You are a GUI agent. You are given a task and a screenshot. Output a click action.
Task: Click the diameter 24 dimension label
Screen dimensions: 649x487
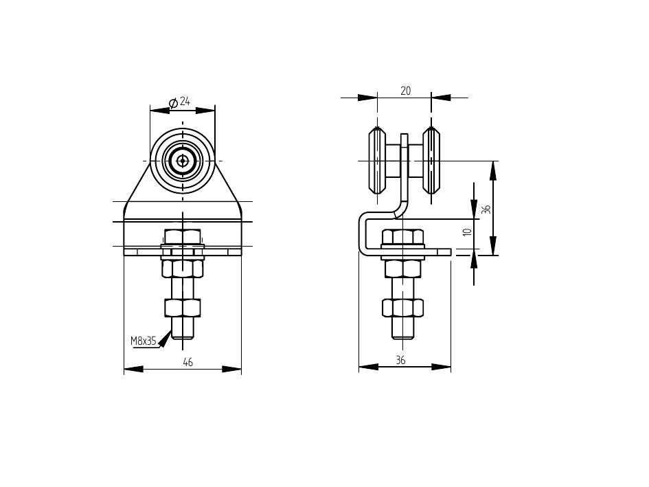pyautogui.click(x=180, y=102)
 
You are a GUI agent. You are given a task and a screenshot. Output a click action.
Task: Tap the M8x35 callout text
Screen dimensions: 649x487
pyautogui.click(x=144, y=341)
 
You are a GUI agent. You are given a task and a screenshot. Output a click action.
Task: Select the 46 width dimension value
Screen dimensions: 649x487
pyautogui.click(x=188, y=363)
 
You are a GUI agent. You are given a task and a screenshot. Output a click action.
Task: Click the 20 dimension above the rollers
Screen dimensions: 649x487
pyautogui.click(x=406, y=91)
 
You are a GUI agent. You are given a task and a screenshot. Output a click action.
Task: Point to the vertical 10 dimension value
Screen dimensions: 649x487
pyautogui.click(x=468, y=232)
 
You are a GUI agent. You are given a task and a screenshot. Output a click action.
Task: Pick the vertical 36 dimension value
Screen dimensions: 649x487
pyautogui.click(x=487, y=209)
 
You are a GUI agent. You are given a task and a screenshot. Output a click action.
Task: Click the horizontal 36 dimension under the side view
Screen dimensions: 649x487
pyautogui.click(x=400, y=361)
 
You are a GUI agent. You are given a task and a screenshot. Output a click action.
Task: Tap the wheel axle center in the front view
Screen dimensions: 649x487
pyautogui.click(x=182, y=161)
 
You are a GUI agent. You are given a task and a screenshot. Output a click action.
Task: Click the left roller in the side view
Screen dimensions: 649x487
pyautogui.click(x=377, y=161)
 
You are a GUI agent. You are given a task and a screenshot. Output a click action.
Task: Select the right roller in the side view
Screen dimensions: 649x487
pyautogui.click(x=431, y=161)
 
